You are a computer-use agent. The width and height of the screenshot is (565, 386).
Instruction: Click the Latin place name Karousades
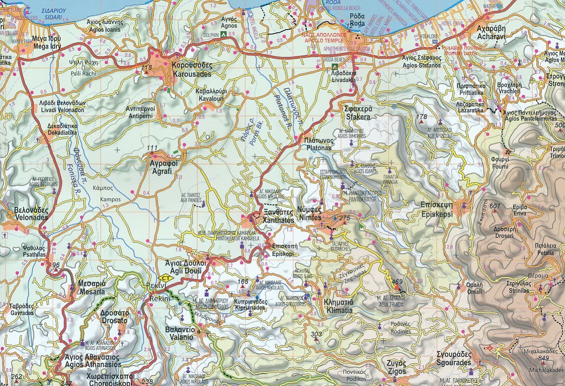pyautogui.click(x=192, y=73)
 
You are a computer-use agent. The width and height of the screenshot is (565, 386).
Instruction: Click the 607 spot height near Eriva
pyautogui.click(x=495, y=206)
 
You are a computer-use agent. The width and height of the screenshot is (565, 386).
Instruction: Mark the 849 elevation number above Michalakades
pyautogui.click(x=543, y=358)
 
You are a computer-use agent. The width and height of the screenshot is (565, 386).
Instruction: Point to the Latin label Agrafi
pyautogui.click(x=162, y=169)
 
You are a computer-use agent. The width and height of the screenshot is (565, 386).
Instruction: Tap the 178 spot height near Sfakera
pyautogui.click(x=422, y=117)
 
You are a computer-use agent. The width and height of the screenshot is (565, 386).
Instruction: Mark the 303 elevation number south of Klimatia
pyautogui.click(x=316, y=335)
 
